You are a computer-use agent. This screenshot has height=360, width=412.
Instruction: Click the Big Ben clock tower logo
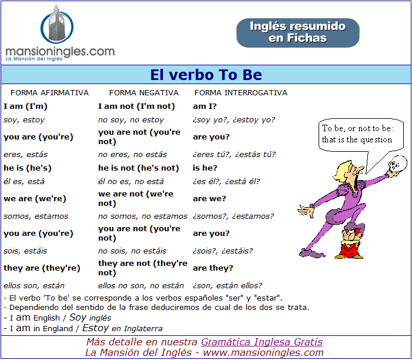click(57, 24)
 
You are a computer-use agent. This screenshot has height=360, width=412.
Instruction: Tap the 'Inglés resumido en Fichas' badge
click(298, 32)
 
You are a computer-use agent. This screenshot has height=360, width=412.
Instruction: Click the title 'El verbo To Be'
click(206, 75)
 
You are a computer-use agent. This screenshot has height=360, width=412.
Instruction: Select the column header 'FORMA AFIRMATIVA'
click(49, 93)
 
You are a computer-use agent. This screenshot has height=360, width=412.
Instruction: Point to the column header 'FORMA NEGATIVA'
click(144, 93)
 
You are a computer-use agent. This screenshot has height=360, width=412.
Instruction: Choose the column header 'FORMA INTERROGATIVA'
click(241, 93)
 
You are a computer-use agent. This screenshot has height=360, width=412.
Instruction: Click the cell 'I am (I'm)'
click(25, 106)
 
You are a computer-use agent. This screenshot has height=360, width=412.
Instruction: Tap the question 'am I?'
click(205, 106)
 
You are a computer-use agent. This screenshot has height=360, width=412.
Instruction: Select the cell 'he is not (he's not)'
click(139, 168)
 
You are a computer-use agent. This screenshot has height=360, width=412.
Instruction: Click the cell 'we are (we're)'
click(35, 199)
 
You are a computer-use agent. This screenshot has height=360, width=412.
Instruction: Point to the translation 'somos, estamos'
click(36, 216)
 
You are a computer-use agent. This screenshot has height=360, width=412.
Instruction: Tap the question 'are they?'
click(213, 268)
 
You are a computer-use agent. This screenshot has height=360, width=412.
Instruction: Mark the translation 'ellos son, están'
click(34, 285)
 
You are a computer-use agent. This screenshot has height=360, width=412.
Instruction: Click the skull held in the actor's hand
click(396, 164)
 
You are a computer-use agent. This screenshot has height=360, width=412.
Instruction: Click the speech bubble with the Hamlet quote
click(360, 135)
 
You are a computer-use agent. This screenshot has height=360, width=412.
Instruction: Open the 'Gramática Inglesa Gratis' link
click(262, 342)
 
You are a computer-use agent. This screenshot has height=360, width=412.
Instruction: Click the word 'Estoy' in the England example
click(95, 328)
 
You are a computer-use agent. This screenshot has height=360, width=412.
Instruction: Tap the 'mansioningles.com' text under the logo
click(60, 51)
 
